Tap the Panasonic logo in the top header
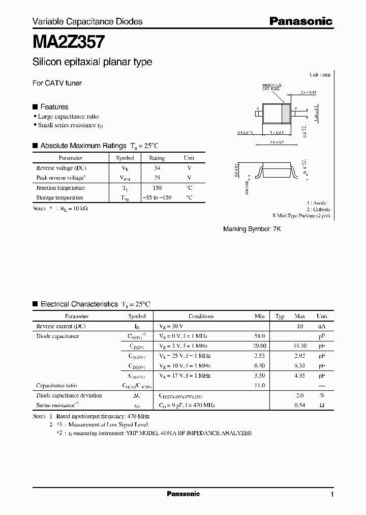click(300, 21)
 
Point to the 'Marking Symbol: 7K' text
click(252, 229)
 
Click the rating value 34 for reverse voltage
click(157, 168)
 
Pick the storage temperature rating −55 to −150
click(157, 197)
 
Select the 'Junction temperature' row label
click(60, 188)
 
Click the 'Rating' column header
click(157, 158)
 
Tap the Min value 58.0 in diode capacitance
click(259, 336)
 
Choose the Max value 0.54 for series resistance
click(300, 405)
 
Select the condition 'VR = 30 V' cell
click(171, 326)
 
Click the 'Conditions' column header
click(201, 316)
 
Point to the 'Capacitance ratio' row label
click(56, 386)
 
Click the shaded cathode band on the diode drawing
click(285, 113)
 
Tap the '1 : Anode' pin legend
click(318, 203)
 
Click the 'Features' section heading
click(54, 107)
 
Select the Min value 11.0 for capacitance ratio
click(259, 386)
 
